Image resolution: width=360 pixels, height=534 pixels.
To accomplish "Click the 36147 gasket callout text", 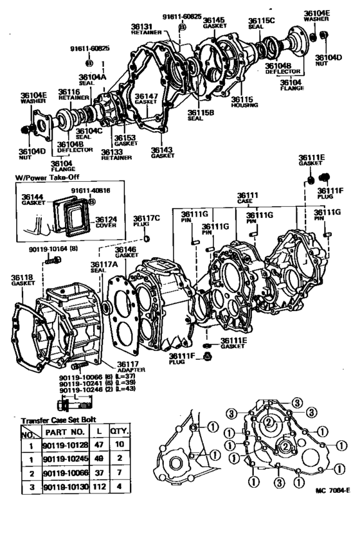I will click(147, 98).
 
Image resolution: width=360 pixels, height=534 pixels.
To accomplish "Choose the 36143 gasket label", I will click(163, 152).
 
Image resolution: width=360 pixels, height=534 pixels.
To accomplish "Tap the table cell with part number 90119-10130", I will click(63, 486).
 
